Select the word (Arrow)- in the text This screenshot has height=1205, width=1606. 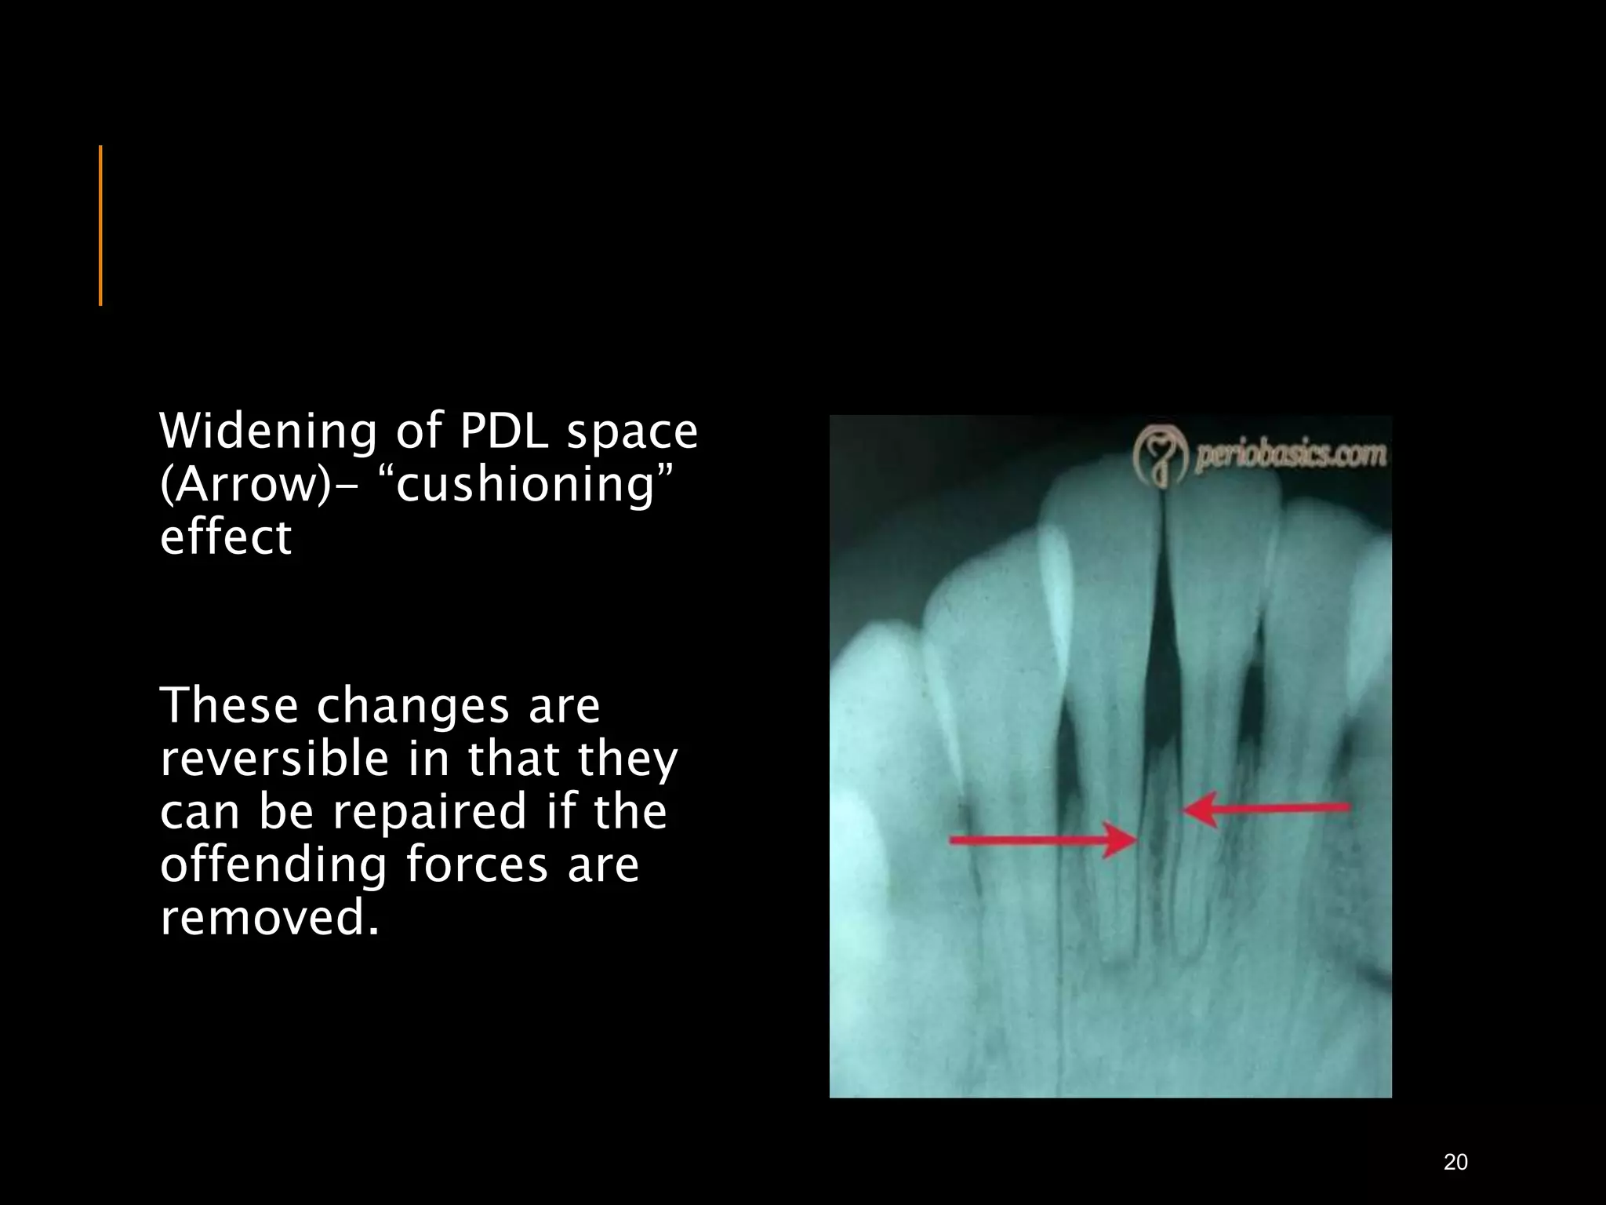tap(256, 486)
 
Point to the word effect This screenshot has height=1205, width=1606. tap(226, 538)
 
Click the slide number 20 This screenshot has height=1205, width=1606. tap(1455, 1162)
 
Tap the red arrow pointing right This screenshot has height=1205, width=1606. tap(1043, 840)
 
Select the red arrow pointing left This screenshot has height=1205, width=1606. tap(1266, 808)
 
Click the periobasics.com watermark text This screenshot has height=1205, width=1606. tap(1290, 456)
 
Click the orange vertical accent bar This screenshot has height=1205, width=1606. tap(100, 225)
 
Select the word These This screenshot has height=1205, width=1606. tap(229, 705)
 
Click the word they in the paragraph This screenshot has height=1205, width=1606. tap(627, 759)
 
